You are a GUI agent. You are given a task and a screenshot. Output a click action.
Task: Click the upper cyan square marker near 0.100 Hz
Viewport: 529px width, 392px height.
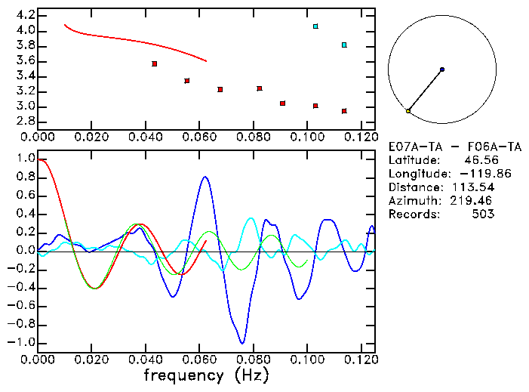315,26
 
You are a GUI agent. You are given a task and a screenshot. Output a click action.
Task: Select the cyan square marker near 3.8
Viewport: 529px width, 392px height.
344,45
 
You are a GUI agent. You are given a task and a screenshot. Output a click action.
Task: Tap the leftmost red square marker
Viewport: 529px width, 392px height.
155,63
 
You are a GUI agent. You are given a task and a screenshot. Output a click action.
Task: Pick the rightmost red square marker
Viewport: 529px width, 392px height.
344,111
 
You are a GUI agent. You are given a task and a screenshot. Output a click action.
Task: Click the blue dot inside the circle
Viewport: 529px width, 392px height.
442,69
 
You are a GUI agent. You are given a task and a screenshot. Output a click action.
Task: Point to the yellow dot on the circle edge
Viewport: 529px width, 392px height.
408,111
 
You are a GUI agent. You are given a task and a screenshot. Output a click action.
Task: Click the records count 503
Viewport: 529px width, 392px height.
484,215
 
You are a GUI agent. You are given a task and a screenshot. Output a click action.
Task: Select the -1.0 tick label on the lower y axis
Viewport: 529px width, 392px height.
23,342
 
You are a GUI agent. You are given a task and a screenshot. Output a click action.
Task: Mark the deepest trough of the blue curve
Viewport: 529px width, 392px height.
241,342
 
